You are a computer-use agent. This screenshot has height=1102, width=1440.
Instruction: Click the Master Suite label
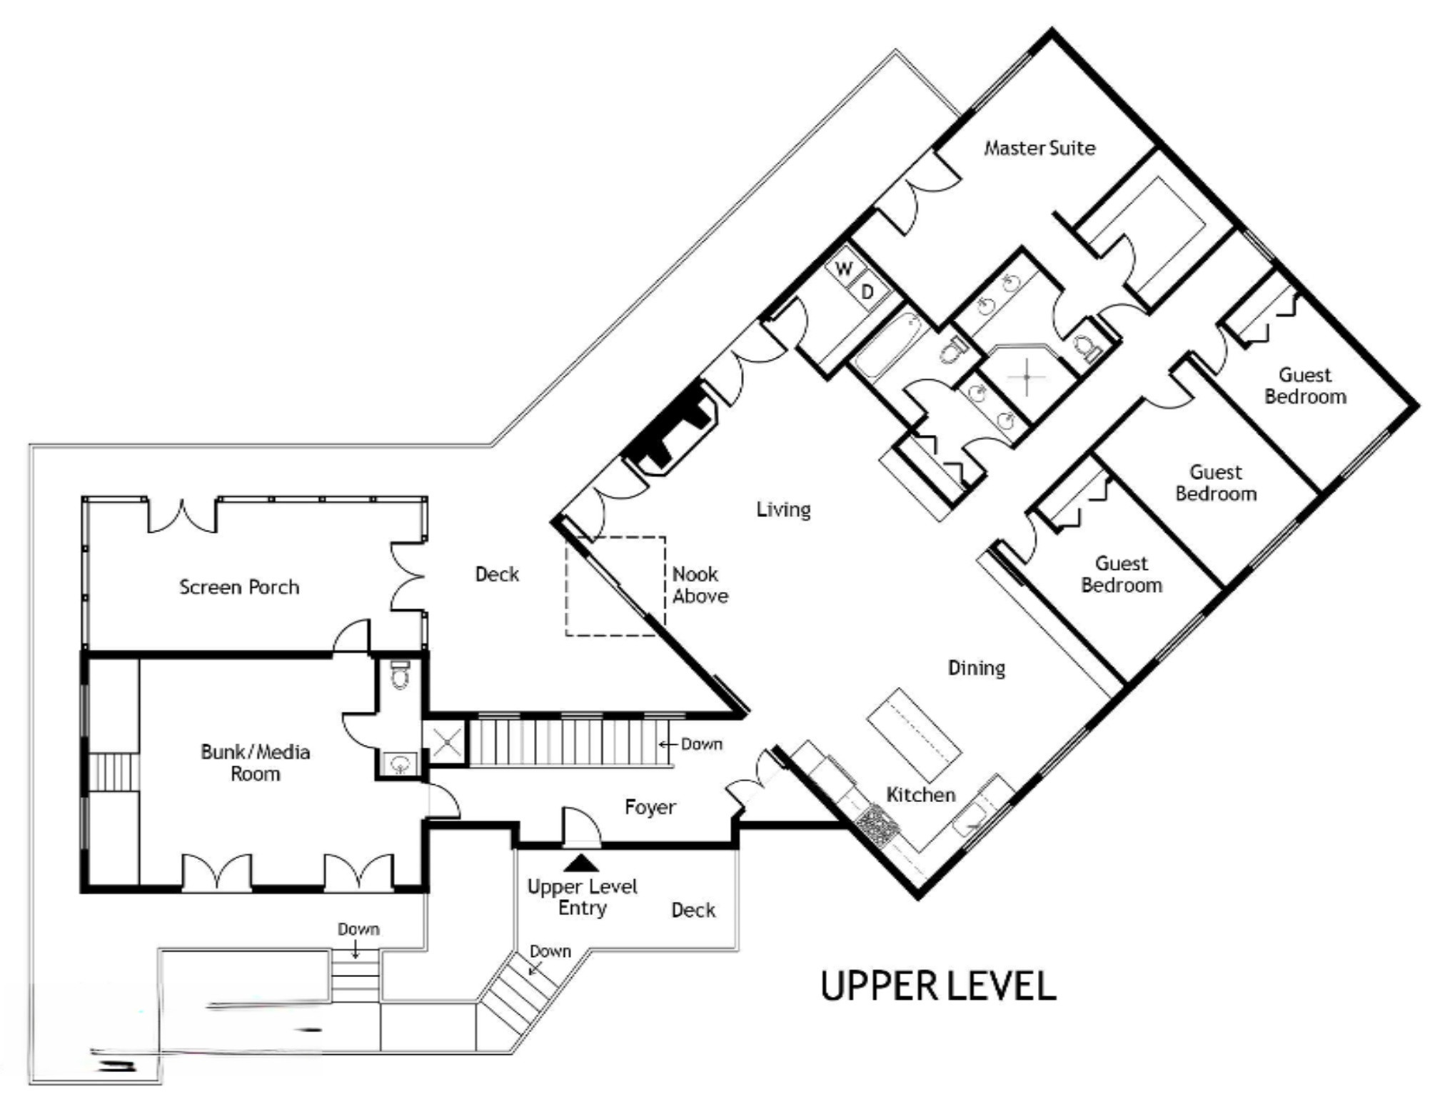coord(1039,148)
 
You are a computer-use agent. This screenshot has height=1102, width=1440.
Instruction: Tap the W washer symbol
coord(844,269)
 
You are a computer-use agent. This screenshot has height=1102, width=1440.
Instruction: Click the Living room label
coord(783,509)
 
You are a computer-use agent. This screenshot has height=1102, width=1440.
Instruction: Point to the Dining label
coord(976,668)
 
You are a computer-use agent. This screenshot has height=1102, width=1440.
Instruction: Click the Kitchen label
coord(920,794)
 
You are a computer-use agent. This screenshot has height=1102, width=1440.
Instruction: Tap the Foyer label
coord(650,807)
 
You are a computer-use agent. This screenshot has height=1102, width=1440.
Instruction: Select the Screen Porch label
coord(239,587)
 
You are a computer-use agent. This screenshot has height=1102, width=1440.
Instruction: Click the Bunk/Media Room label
coord(255,763)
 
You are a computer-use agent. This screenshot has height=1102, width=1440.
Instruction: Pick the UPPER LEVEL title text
coord(937,986)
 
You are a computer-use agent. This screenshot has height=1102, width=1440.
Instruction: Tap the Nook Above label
coord(700,585)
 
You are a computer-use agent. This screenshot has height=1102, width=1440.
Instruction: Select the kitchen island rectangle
coord(914,734)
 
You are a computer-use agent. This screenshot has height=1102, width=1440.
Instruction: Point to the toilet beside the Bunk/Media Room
coord(401,675)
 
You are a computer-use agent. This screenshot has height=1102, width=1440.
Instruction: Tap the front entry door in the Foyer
coord(580,828)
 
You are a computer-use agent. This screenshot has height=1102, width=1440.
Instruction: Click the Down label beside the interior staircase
coord(701,744)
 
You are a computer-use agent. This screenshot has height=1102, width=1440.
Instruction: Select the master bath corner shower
coord(1027,374)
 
